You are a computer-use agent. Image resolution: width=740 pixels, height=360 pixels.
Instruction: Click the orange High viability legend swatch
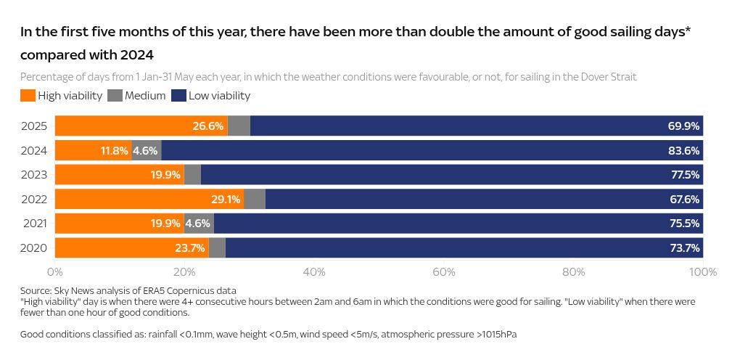pos(28,96)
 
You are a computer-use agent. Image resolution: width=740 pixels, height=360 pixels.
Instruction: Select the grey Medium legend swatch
pos(115,96)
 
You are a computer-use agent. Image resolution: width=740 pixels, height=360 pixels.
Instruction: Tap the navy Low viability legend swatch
pos(178,96)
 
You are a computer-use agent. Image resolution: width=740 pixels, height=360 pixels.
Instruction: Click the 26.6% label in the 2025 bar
pos(208,126)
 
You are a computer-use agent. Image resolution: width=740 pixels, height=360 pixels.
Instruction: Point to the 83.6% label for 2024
pos(683,150)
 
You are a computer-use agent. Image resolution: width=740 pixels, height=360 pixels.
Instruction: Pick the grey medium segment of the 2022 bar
pos(254,199)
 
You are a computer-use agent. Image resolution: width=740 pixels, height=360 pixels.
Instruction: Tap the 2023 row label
pos(34,175)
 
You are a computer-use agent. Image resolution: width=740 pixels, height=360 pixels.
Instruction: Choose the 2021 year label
pos(34,224)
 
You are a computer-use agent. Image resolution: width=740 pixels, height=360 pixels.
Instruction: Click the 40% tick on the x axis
pos(314,272)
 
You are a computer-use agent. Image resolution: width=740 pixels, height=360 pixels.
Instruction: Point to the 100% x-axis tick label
pos(702,272)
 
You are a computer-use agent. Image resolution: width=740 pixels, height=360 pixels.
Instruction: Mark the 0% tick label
pos(55,272)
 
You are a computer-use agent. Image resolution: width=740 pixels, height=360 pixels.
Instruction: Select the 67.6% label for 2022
pos(683,199)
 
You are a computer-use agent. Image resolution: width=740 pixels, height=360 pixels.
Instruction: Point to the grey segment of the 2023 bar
pos(192,175)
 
